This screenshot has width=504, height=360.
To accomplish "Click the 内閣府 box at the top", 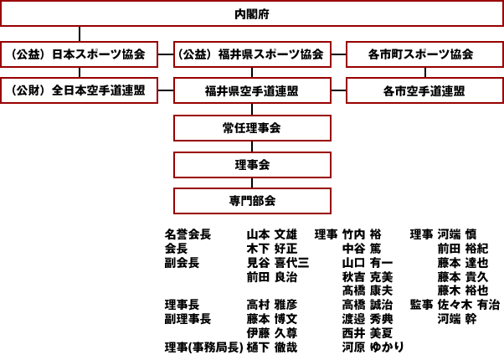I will pyautogui.click(x=252, y=14).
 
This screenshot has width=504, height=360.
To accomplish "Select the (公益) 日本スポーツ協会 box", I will pyautogui.click(x=79, y=55).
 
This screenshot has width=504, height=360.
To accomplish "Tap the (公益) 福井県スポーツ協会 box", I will pyautogui.click(x=251, y=55).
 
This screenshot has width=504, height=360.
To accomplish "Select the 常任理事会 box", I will pyautogui.click(x=251, y=127).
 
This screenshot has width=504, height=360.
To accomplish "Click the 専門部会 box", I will pyautogui.click(x=251, y=201).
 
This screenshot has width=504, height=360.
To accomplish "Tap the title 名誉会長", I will pyautogui.click(x=188, y=234).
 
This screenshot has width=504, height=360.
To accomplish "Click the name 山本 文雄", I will pyautogui.click(x=271, y=234).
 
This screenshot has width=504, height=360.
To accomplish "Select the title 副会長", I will pyautogui.click(x=182, y=262).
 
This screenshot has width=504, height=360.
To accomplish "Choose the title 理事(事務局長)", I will pyautogui.click(x=203, y=347).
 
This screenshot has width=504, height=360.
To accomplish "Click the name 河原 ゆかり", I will pyautogui.click(x=373, y=347).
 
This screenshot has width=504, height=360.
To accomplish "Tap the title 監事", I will pyautogui.click(x=421, y=305).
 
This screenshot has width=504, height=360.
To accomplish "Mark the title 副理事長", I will pyautogui.click(x=188, y=319).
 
